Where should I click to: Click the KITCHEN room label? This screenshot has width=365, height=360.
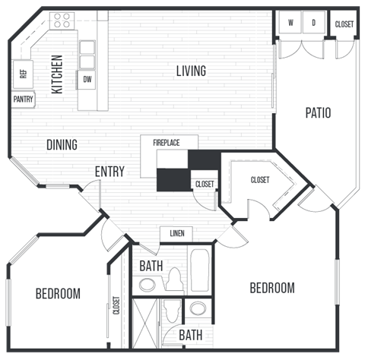[x=57, y=74]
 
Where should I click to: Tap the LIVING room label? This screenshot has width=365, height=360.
[x=191, y=71]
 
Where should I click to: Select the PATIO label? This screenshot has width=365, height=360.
[x=318, y=113]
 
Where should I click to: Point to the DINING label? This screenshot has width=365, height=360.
[x=62, y=144]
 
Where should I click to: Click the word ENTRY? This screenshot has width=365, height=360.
[x=109, y=172]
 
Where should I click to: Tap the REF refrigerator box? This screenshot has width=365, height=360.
[x=23, y=74]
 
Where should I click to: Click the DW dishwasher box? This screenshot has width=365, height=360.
[x=87, y=79]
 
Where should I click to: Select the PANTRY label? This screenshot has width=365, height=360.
[x=23, y=99]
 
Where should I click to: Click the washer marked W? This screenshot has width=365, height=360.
[x=290, y=24]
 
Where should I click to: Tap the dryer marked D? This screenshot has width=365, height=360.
[x=313, y=24]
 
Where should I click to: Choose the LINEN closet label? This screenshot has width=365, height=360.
[x=176, y=233]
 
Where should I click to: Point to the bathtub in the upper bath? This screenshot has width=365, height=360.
[x=200, y=270]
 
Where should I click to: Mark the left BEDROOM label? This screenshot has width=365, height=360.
[x=58, y=294]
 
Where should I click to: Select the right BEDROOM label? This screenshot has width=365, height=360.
[x=272, y=288]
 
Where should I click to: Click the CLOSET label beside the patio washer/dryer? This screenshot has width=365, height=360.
[x=344, y=24]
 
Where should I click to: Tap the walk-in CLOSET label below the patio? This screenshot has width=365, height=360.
[x=261, y=180]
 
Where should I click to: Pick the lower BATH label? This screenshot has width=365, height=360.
[x=190, y=335]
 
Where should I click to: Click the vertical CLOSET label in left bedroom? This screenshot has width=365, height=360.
[x=116, y=305]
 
